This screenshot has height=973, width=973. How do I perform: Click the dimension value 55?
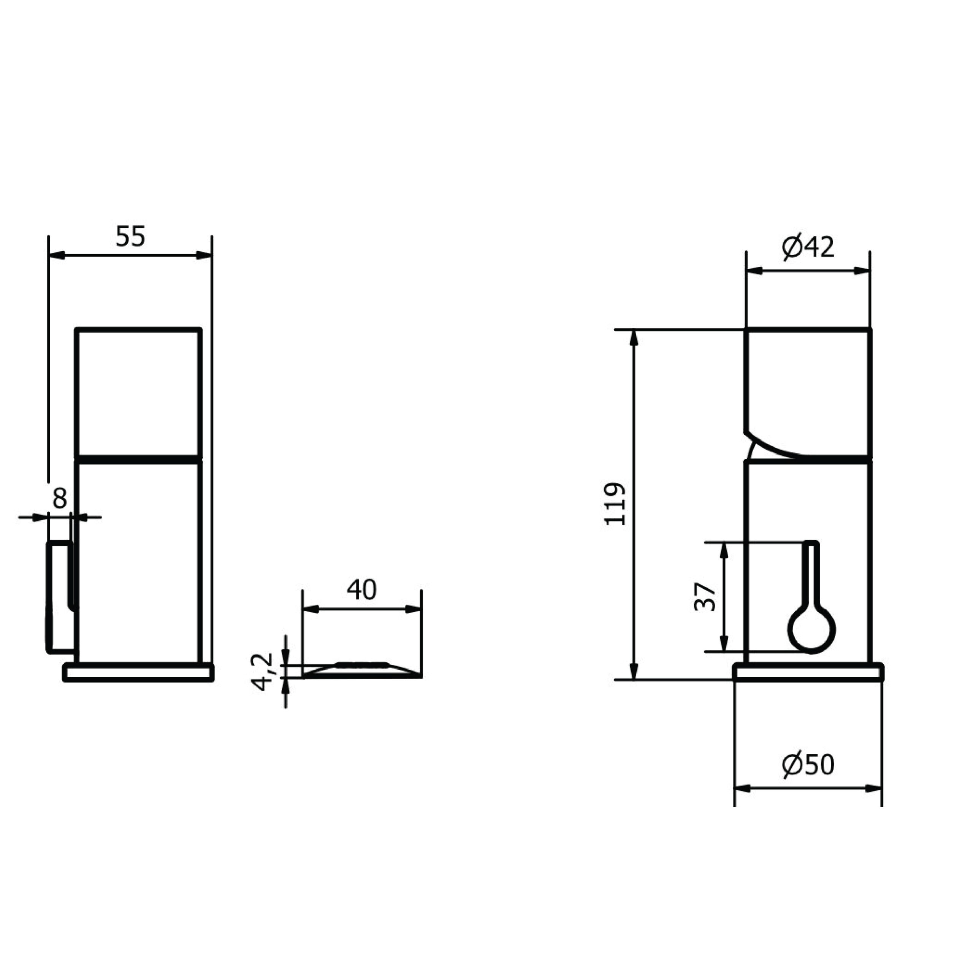point(130,237)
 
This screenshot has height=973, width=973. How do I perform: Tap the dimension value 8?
point(59,499)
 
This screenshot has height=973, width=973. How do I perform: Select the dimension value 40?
point(361,590)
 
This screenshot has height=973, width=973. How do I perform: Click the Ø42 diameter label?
point(808,247)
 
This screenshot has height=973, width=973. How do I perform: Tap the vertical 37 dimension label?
point(705,597)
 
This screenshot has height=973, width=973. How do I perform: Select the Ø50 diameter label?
point(808,764)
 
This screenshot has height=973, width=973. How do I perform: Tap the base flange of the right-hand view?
point(808,673)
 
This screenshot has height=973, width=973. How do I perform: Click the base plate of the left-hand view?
point(138,673)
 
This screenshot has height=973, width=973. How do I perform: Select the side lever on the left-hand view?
point(60,597)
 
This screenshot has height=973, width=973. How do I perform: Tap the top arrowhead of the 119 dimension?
point(634,338)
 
